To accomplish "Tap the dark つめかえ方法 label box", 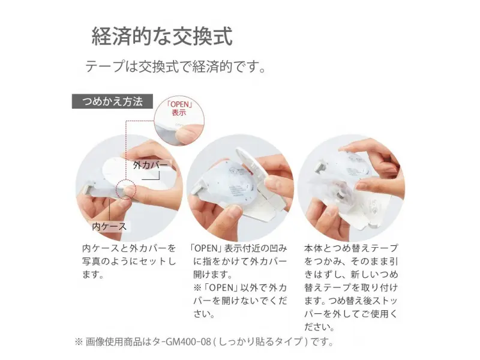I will (112, 101).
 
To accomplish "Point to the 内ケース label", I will (108, 227).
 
